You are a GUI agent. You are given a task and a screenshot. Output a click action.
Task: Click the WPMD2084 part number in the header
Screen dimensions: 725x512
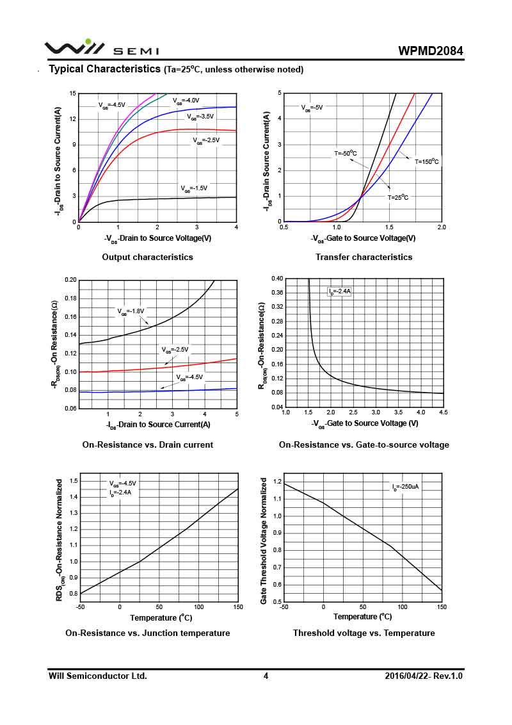pyautogui.click(x=431, y=51)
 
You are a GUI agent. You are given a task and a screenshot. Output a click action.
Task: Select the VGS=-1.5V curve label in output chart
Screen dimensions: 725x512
pyautogui.click(x=194, y=188)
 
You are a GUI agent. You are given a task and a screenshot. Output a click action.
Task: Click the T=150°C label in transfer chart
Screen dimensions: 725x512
pyautogui.click(x=427, y=161)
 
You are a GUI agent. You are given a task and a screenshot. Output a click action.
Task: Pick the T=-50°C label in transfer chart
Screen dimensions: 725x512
pyautogui.click(x=345, y=153)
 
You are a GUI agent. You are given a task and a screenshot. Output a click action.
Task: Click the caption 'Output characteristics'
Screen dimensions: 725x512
pyautogui.click(x=147, y=257)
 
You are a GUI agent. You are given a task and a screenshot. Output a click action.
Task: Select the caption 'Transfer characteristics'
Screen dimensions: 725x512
pyautogui.click(x=364, y=257)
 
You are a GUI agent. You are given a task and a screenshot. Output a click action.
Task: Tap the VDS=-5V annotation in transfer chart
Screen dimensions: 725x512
pyautogui.click(x=312, y=108)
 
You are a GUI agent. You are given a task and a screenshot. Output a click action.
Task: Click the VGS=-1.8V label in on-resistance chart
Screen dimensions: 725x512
pyautogui.click(x=131, y=311)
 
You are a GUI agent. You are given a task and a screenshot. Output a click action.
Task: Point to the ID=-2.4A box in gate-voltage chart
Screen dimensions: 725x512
pyautogui.click(x=340, y=291)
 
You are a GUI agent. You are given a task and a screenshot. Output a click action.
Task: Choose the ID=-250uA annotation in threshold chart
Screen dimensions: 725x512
pyautogui.click(x=406, y=487)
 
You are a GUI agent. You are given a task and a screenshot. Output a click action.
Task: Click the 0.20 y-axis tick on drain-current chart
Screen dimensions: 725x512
pyautogui.click(x=70, y=280)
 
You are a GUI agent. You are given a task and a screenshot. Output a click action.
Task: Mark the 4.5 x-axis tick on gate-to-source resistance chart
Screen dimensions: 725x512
pyautogui.click(x=443, y=412)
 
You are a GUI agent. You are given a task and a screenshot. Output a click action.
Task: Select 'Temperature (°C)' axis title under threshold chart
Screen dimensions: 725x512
pyautogui.click(x=362, y=617)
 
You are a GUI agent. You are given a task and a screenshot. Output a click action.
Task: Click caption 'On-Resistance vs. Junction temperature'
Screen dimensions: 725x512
pyautogui.click(x=147, y=633)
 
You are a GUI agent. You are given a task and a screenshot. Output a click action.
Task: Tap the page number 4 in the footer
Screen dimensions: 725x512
pyautogui.click(x=266, y=676)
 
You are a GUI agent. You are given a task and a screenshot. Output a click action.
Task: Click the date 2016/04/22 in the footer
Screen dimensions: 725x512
pyautogui.click(x=408, y=676)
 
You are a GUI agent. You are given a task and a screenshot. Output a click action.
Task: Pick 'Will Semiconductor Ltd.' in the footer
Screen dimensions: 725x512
pyautogui.click(x=98, y=676)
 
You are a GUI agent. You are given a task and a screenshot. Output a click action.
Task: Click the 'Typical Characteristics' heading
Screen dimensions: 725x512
pyautogui.click(x=105, y=69)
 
